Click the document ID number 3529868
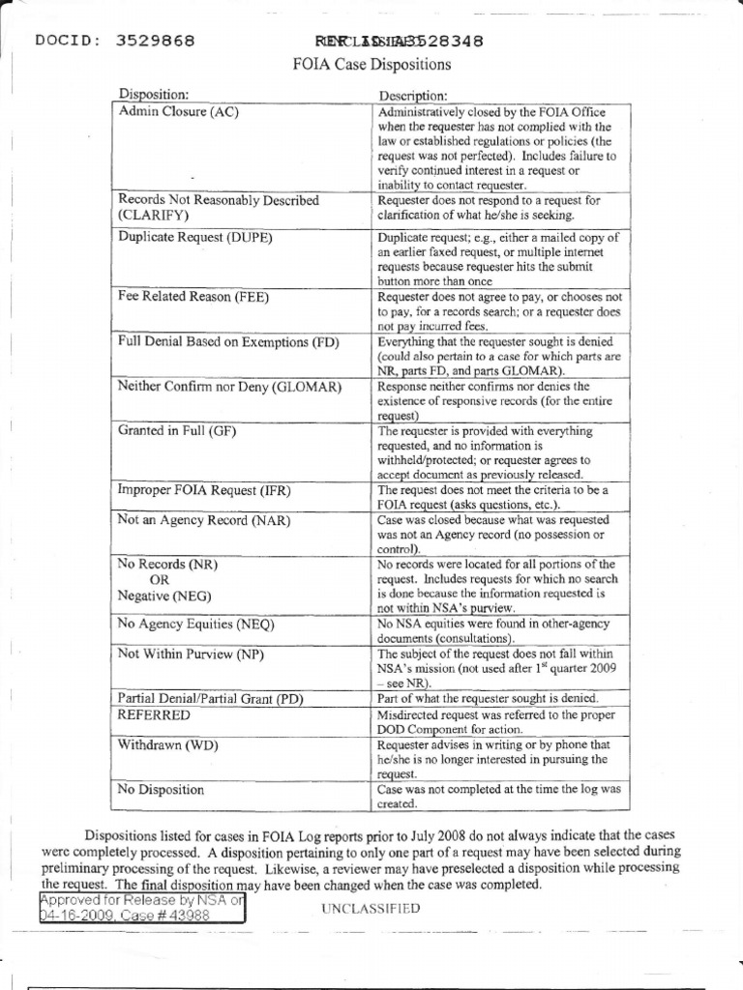point(155,41)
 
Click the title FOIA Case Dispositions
point(371,66)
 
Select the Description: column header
point(412,96)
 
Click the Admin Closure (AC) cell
point(178,111)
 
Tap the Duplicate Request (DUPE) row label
point(194,236)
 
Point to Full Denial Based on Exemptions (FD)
point(228,342)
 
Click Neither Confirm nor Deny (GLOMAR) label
point(230,387)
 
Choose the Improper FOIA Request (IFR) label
point(204,490)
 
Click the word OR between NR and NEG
point(159,579)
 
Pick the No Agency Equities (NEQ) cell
point(196,625)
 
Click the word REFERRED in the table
point(154,714)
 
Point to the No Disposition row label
point(161,790)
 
